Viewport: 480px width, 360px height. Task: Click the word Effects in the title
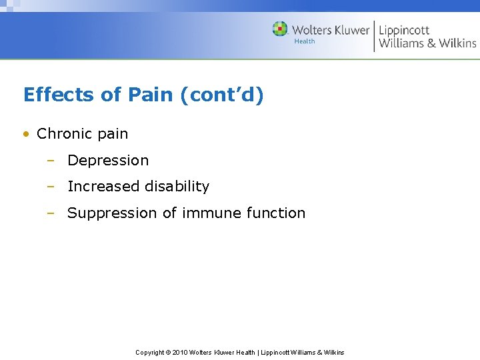coord(58,95)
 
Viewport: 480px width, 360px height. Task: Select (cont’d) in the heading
coord(222,95)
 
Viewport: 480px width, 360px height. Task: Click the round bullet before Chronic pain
coord(27,134)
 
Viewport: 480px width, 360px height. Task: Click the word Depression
coord(108,161)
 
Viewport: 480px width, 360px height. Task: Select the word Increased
coord(101,187)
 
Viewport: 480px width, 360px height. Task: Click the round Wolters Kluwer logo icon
coord(280,29)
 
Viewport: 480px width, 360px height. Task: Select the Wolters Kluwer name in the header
coord(331,30)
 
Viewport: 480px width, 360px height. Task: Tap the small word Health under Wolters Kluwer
coord(305,42)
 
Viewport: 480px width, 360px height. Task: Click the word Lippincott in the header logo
coord(404,30)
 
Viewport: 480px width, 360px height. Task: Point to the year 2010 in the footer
coord(180,353)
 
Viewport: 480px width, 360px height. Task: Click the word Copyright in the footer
coord(150,353)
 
